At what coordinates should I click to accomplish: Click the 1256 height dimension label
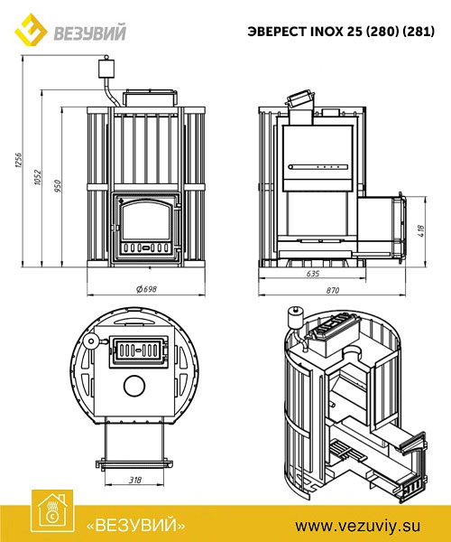tap(19, 160)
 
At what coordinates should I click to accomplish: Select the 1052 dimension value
tap(38, 177)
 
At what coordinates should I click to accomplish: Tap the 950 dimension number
tap(58, 186)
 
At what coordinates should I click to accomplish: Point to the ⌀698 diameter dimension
tap(147, 289)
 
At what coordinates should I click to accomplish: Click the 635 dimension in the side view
tap(313, 274)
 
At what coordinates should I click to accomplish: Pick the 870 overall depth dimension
tap(333, 290)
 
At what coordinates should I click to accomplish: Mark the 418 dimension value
tap(421, 230)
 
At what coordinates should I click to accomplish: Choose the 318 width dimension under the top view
tap(135, 480)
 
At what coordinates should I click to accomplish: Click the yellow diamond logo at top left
tap(31, 30)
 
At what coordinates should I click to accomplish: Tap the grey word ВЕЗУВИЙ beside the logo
tap(89, 33)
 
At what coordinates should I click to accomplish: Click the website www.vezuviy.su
tap(357, 526)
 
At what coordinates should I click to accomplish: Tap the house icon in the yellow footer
tap(52, 511)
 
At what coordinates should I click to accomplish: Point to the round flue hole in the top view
tap(134, 386)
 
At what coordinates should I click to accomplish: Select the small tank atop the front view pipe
tap(106, 67)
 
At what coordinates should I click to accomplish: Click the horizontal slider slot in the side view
tap(318, 167)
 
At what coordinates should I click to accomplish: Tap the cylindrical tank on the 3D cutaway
tap(296, 317)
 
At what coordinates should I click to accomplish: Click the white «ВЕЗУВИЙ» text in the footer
tap(135, 526)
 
